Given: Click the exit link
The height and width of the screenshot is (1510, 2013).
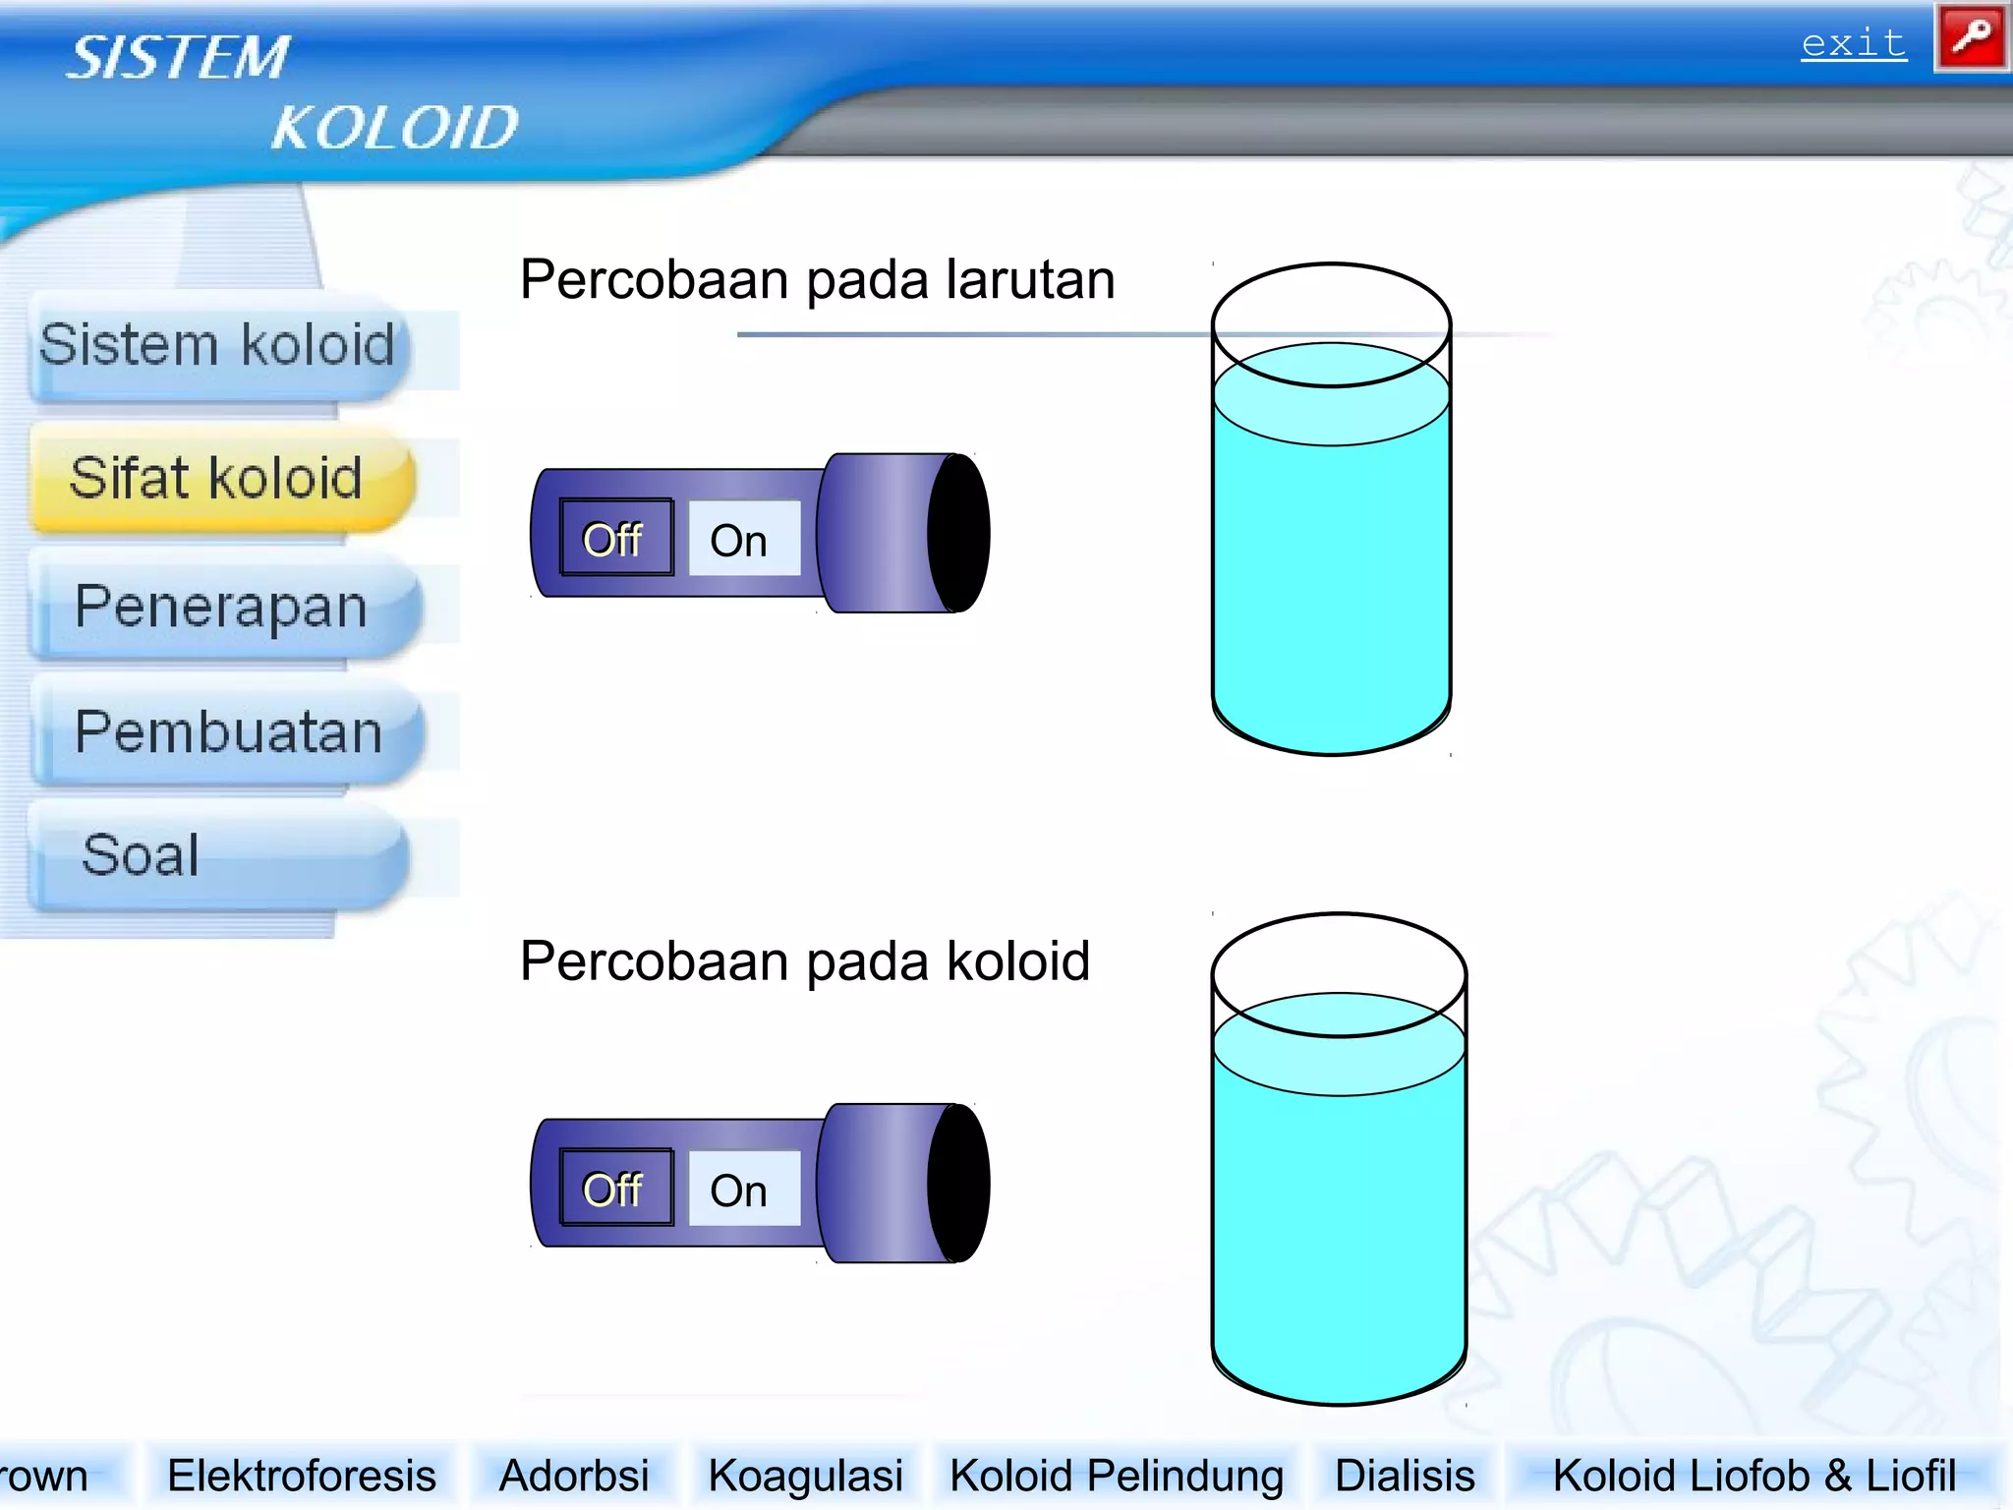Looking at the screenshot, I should click(x=1853, y=44).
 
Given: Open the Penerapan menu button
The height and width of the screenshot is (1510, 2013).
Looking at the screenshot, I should click(x=222, y=607).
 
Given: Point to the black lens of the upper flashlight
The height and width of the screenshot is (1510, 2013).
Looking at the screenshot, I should click(x=958, y=534).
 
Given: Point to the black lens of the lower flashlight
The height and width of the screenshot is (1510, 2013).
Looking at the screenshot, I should click(x=958, y=1184).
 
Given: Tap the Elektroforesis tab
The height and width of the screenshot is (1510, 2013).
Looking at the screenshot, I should click(x=302, y=1476).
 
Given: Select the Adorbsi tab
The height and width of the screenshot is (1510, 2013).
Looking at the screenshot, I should click(x=574, y=1476).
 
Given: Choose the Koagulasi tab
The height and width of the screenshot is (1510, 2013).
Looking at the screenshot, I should click(x=805, y=1476).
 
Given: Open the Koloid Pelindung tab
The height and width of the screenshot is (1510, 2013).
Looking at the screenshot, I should click(x=1116, y=1476).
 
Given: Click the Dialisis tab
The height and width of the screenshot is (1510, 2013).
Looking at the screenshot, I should click(x=1405, y=1476).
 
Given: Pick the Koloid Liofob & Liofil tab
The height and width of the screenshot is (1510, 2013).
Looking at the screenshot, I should click(x=1754, y=1476).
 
